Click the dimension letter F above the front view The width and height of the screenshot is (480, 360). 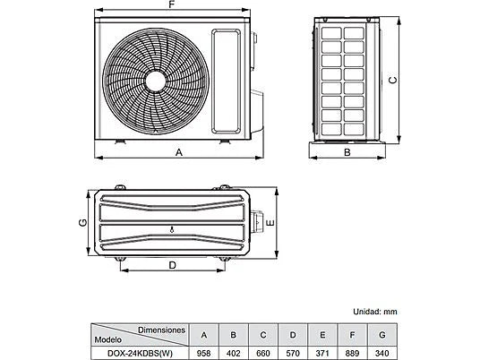click(x=172, y=4)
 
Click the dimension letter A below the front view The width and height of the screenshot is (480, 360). click(x=179, y=152)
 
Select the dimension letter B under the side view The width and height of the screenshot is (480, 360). click(x=347, y=152)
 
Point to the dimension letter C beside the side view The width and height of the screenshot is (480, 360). click(x=393, y=80)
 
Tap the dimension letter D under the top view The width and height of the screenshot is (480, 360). click(x=173, y=265)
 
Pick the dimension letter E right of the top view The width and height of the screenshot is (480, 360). click(x=270, y=223)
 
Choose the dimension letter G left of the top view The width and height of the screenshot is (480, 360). click(x=82, y=223)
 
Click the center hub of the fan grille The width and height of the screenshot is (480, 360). click(x=156, y=81)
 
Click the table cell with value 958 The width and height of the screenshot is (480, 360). click(x=203, y=353)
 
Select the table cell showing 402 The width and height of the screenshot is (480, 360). click(x=233, y=353)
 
